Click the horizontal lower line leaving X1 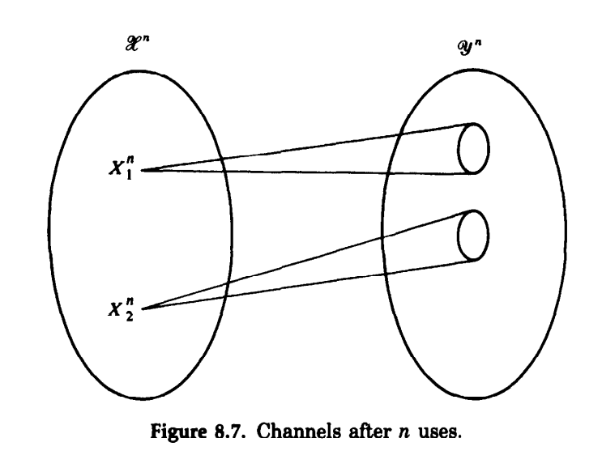pyautogui.click(x=308, y=172)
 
